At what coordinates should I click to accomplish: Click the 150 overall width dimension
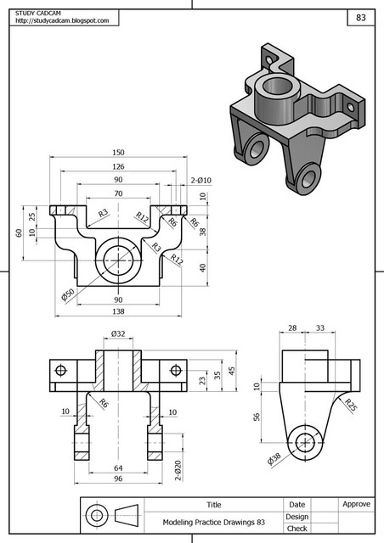(x=118, y=153)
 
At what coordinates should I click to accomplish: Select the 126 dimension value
(x=118, y=166)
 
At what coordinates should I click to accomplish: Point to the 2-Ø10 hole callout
(x=200, y=180)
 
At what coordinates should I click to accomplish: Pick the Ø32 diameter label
(x=118, y=334)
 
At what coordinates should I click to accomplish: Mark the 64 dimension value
(x=118, y=467)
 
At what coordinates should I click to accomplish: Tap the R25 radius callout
(x=349, y=405)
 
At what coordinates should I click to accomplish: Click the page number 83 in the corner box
(x=361, y=17)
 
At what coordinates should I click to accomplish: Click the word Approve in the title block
(x=356, y=504)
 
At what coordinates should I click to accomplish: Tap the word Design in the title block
(x=296, y=516)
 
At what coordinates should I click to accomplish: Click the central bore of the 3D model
(x=277, y=86)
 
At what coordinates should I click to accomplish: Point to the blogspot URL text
(x=63, y=20)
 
